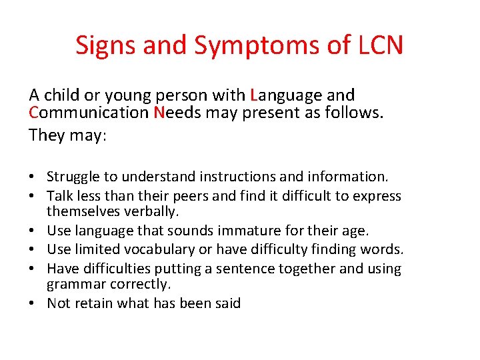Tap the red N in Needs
pos(158,113)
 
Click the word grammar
pos(74,284)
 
